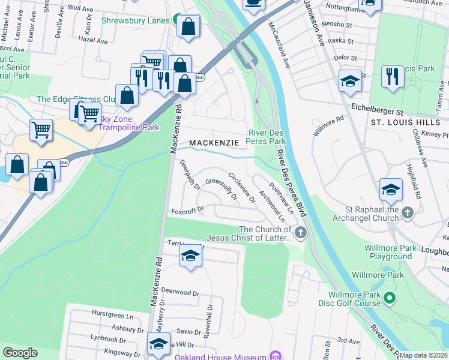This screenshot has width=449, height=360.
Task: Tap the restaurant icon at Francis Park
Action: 393,76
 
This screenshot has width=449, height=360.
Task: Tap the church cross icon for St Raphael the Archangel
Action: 408,212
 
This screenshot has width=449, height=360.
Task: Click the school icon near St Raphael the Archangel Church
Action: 391,190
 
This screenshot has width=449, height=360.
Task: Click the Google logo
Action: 20,352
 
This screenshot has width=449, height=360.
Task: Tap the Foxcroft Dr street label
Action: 188,211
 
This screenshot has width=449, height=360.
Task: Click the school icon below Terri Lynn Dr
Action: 190,256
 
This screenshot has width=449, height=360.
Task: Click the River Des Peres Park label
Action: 267,137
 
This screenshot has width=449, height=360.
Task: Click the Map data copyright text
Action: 423,355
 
